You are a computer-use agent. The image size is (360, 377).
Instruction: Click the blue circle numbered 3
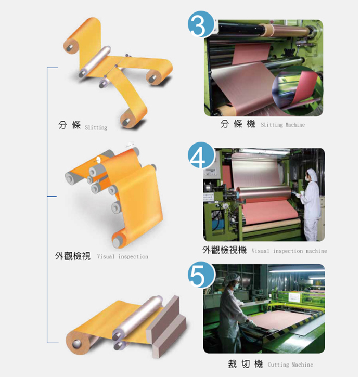201,24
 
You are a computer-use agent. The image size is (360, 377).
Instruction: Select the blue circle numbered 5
201,275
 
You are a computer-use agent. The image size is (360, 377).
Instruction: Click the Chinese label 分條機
238,124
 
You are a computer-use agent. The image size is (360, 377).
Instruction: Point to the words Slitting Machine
283,125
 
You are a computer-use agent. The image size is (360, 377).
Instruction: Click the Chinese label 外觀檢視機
224,250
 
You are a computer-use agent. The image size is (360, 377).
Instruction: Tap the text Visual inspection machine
289,251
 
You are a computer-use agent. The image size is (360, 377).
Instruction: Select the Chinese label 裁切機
246,364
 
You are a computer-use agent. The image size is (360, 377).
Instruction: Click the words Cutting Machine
290,365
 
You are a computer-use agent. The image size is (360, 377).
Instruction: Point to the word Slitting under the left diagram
96,127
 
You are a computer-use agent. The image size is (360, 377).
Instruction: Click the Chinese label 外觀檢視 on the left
73,256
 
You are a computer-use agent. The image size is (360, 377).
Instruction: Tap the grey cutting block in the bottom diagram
166,326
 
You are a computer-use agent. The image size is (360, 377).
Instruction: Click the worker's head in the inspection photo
312,175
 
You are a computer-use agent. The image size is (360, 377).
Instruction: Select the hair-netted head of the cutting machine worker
232,281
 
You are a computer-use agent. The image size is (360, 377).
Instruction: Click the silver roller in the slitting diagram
95,61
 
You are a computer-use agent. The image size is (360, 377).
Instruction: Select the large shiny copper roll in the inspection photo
264,192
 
